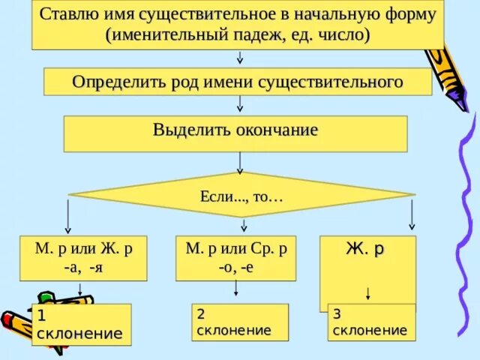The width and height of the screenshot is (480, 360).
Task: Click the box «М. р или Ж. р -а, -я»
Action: tap(83, 257)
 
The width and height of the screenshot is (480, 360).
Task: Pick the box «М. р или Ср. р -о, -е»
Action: tap(235, 257)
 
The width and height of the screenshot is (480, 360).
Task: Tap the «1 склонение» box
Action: tap(82, 324)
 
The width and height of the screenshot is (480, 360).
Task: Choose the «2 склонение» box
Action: tap(239, 322)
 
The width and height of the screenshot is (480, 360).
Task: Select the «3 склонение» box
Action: tap(371, 322)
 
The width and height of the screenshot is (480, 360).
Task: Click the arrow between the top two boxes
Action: tap(239, 58)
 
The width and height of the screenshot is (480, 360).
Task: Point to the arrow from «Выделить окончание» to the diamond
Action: tap(239, 162)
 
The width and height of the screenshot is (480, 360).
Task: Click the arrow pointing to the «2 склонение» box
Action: tap(236, 289)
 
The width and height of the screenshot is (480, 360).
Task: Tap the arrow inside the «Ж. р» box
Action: tap(367, 292)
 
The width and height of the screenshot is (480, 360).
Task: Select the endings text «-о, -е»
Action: tap(235, 266)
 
